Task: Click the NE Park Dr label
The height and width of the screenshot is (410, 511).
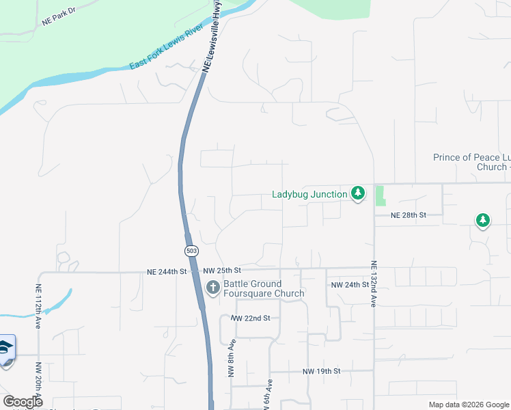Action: [57, 20]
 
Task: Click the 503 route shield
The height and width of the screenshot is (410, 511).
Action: [192, 251]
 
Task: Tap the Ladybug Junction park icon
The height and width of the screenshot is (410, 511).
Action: [357, 194]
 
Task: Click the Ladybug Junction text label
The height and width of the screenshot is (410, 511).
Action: [309, 195]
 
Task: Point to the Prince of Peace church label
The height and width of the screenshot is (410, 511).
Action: [471, 162]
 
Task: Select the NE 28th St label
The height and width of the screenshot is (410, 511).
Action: [409, 215]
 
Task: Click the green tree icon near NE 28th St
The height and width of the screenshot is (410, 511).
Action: [483, 220]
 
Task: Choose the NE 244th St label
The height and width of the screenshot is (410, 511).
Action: [167, 271]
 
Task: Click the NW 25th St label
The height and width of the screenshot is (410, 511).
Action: [223, 271]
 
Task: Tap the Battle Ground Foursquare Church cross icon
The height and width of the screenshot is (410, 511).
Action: [212, 288]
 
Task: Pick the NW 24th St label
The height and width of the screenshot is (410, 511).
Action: [350, 284]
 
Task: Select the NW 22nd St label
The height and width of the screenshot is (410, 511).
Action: [251, 318]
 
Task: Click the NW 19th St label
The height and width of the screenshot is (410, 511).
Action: [321, 371]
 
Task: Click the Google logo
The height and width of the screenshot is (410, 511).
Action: [23, 402]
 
